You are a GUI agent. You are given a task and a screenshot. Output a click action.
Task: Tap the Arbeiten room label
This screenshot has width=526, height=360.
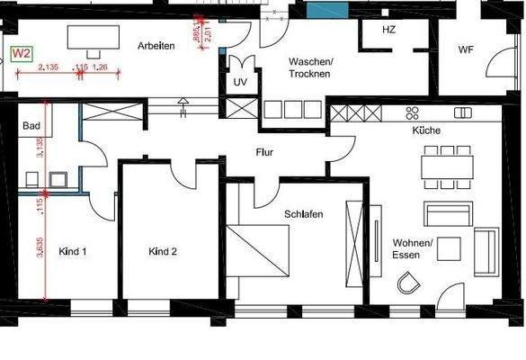coord(156,45)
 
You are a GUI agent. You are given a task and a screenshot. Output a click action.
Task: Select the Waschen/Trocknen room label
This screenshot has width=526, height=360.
coord(310,67)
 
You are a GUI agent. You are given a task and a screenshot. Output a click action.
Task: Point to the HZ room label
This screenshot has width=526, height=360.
coord(388,30)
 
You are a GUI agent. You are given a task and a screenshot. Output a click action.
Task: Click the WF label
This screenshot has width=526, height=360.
coord(466,49)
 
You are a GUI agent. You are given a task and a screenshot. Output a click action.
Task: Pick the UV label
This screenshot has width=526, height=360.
coord(240,82)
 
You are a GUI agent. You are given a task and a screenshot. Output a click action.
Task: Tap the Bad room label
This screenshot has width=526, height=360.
coord(31,125)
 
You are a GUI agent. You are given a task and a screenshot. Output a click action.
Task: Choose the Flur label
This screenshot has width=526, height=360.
coord(264,152)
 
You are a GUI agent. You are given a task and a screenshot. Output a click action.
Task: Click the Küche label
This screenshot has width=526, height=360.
coord(425,130)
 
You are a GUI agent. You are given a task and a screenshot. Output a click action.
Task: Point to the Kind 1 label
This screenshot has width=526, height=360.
coord(72,251)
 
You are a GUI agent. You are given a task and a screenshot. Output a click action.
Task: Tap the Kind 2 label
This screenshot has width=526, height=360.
coord(163,251)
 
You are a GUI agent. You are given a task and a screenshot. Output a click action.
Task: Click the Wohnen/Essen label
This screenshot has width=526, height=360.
coord(413,247)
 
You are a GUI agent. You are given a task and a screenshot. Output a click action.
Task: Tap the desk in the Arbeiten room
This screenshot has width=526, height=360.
coord(91,39)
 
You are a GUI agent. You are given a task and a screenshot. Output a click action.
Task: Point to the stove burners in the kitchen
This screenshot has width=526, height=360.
coord(413,112)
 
